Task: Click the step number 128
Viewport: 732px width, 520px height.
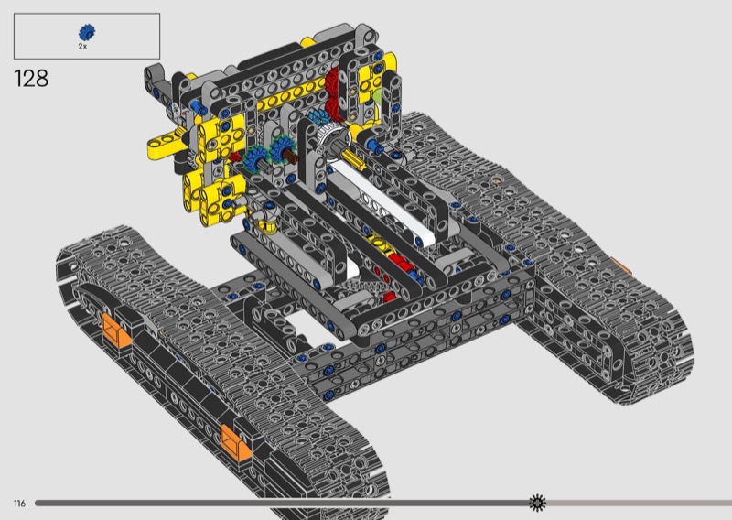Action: (31, 78)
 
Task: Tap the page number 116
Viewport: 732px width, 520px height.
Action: (19, 504)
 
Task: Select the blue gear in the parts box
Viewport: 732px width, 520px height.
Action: (87, 33)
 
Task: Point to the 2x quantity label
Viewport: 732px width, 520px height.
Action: (82, 47)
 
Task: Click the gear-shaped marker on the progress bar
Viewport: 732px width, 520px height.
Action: (537, 503)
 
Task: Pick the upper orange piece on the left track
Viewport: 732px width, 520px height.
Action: (115, 330)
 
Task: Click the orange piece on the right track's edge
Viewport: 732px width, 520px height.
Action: (622, 266)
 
